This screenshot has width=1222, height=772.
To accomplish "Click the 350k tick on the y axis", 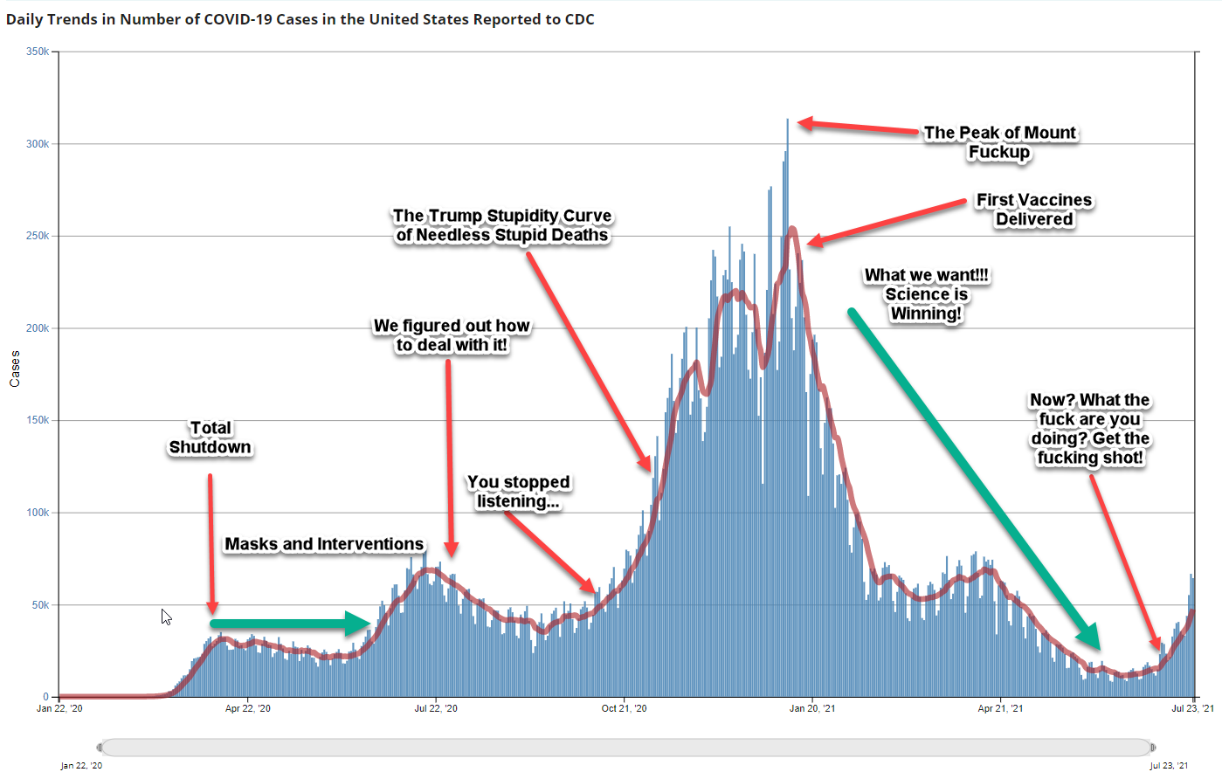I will tap(38, 52).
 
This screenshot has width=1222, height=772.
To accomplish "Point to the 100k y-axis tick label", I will tap(38, 513).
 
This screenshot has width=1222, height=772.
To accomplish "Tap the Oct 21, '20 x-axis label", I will tap(624, 708).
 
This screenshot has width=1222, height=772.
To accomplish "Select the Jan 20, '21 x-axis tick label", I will tap(811, 708).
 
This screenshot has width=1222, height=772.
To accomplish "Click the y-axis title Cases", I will tap(15, 369).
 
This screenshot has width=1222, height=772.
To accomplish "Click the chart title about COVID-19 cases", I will tap(300, 19).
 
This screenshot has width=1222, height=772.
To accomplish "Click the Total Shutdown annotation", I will tap(211, 438).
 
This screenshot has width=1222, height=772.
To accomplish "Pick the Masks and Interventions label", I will tap(324, 544).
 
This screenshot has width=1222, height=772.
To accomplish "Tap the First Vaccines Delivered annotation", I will tap(1034, 210).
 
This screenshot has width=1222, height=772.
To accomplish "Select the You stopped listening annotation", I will tap(518, 492).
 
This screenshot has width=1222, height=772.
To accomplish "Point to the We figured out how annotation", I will tap(452, 335).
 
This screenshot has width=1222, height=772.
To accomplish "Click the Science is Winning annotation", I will tap(927, 294).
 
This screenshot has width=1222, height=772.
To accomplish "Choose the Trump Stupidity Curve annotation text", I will tap(502, 225).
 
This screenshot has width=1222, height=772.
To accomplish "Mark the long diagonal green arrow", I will tap(974, 479).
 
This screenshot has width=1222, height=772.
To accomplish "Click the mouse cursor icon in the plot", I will tap(166, 617).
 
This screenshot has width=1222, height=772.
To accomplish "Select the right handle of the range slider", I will tap(1153, 748).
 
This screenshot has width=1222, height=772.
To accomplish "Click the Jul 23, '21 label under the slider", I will tap(1169, 766).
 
